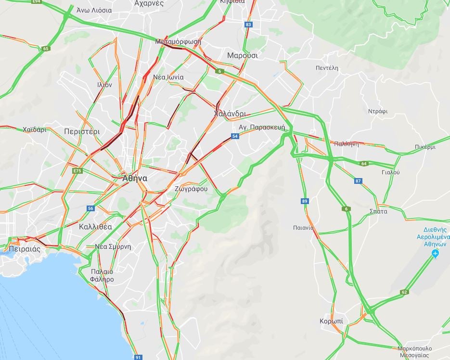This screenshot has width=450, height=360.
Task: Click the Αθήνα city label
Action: click(134, 178)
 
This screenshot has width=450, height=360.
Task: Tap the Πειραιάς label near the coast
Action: click(24, 249)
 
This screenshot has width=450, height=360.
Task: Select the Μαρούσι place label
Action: click(242, 55)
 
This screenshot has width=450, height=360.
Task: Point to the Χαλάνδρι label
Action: click(230, 114)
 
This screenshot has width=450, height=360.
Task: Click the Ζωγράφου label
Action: click(191, 189)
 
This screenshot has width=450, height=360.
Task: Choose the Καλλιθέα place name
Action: click(95, 227)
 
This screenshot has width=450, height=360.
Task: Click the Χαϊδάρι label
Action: click(34, 129)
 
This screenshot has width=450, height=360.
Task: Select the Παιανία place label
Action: click(303, 227)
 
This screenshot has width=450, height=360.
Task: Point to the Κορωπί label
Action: click(331, 321)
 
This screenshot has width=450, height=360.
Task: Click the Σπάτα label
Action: click(378, 211)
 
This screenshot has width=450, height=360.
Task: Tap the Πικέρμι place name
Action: click(424, 147)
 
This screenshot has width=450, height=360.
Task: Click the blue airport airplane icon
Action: click(436, 253)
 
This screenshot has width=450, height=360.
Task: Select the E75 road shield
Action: click(77, 171)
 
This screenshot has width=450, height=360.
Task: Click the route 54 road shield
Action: click(235, 137)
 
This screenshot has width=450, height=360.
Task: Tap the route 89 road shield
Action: click(304, 201)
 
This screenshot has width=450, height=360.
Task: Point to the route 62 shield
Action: click(404, 292)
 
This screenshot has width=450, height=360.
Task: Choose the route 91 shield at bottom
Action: click(138, 357)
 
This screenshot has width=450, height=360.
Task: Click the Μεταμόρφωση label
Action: click(178, 42)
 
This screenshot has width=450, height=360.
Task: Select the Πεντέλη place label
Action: click(327, 68)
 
